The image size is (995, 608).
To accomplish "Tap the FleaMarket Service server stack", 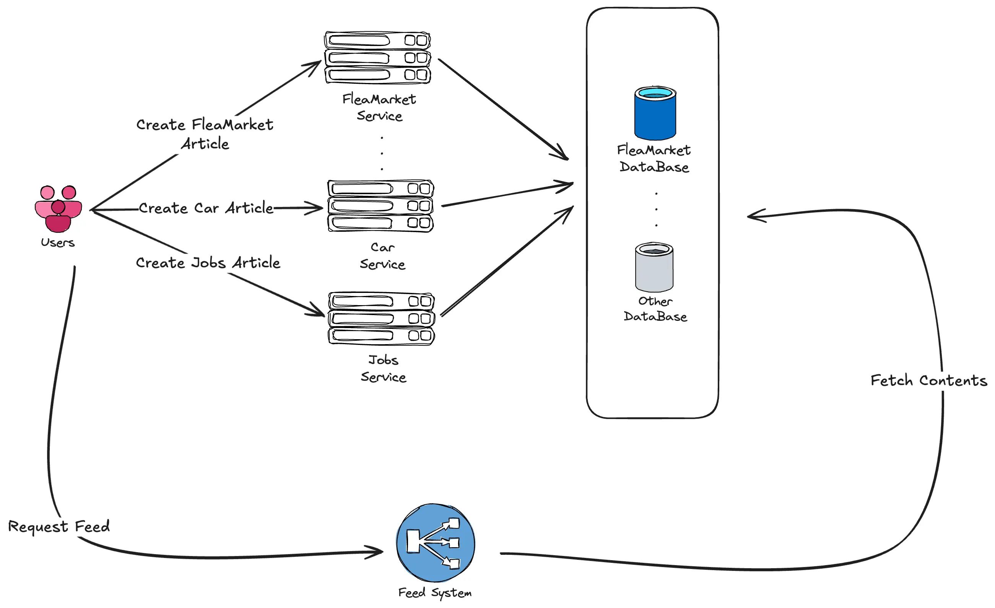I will [x=377, y=58].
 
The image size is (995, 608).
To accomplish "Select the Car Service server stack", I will [x=380, y=206].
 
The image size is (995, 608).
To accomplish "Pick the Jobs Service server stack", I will [x=382, y=319].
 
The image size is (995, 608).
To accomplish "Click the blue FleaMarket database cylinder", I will [x=655, y=113].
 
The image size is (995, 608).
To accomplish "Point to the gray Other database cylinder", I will [x=654, y=267].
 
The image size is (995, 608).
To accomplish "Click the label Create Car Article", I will [x=206, y=208].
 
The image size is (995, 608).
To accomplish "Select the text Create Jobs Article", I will [x=208, y=263].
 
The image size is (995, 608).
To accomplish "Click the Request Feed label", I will [x=59, y=527].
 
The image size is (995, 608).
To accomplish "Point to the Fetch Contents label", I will [x=928, y=381].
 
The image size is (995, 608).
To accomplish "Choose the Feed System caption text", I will [x=435, y=593].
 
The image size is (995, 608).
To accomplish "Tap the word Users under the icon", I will [x=58, y=243].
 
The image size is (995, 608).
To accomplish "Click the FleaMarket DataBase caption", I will [x=654, y=159].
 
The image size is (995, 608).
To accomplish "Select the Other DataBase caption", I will [x=655, y=309].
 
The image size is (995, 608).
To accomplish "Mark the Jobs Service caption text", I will [x=383, y=369].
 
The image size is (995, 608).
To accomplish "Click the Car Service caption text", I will [x=382, y=256].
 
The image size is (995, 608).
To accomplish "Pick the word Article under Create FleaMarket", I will [x=205, y=144].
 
